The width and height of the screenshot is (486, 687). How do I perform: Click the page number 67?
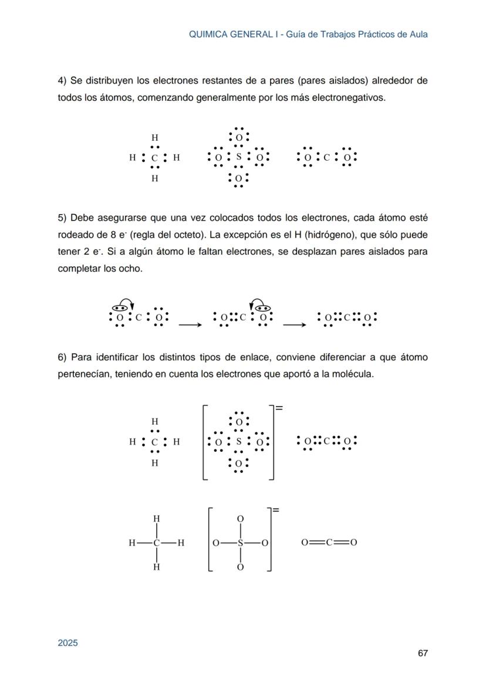click(x=422, y=653)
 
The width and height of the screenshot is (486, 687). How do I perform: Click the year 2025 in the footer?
click(x=67, y=642)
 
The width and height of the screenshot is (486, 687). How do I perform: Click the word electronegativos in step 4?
click(x=351, y=97)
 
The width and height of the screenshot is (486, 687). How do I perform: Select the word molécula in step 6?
click(x=353, y=374)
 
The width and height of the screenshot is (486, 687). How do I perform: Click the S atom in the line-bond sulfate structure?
click(x=239, y=543)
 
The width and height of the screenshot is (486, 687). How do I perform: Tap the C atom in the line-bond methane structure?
click(x=156, y=543)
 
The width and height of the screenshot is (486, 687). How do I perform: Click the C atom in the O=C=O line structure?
click(x=330, y=543)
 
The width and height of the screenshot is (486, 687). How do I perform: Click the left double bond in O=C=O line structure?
click(x=317, y=543)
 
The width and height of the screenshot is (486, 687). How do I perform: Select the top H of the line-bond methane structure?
click(x=156, y=519)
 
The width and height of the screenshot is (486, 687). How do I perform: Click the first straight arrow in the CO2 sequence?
click(x=188, y=323)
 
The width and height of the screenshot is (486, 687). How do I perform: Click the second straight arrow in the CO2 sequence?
click(x=293, y=323)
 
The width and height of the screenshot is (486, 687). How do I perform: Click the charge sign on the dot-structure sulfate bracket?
click(x=279, y=407)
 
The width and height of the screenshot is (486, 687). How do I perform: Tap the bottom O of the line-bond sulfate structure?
click(x=239, y=567)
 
